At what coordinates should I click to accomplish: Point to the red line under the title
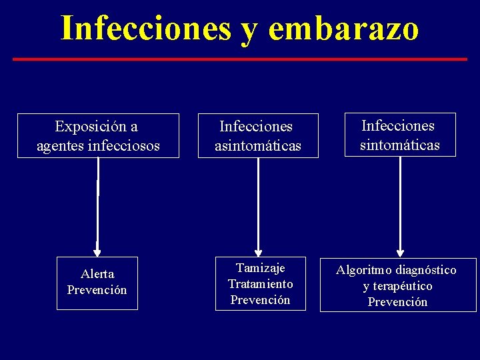[x=240, y=59]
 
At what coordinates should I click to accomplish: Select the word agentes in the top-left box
[x=60, y=145]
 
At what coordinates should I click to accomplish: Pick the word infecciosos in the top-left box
[x=124, y=145]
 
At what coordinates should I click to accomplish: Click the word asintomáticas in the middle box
[x=258, y=145]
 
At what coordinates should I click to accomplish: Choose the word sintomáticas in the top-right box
[x=400, y=144]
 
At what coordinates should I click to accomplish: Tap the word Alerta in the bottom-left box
[x=97, y=274]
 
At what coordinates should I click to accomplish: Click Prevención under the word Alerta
[x=97, y=290]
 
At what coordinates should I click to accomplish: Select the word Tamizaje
[x=260, y=268]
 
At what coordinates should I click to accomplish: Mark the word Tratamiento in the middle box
[x=260, y=284]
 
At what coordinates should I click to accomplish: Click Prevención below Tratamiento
[x=260, y=300]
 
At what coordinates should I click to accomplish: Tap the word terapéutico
[x=403, y=286]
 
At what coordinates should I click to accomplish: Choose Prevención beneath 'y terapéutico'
[x=398, y=302]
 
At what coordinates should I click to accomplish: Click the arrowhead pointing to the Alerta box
[x=97, y=253]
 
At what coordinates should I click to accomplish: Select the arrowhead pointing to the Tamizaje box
[x=258, y=253]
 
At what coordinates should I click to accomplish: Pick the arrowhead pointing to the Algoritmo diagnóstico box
[x=400, y=253]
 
